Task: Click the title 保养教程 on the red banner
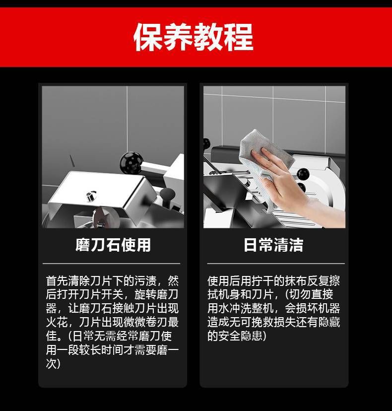[x=194, y=37]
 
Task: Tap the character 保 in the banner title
[x=148, y=37]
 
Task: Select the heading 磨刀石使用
[x=113, y=245]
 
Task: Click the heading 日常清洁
[x=273, y=245]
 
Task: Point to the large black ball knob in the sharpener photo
[x=131, y=163]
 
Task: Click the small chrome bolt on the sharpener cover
[x=91, y=196]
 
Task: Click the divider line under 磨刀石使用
[x=111, y=264]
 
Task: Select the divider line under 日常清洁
[x=276, y=264]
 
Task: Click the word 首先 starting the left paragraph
[x=57, y=281]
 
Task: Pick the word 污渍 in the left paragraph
[x=145, y=281]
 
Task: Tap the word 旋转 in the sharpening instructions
[x=145, y=295]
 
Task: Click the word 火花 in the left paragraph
[x=57, y=322]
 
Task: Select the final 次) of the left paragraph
[x=53, y=363]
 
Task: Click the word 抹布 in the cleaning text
[x=296, y=281]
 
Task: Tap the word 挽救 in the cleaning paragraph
[x=262, y=322]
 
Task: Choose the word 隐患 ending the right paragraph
[x=252, y=336]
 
